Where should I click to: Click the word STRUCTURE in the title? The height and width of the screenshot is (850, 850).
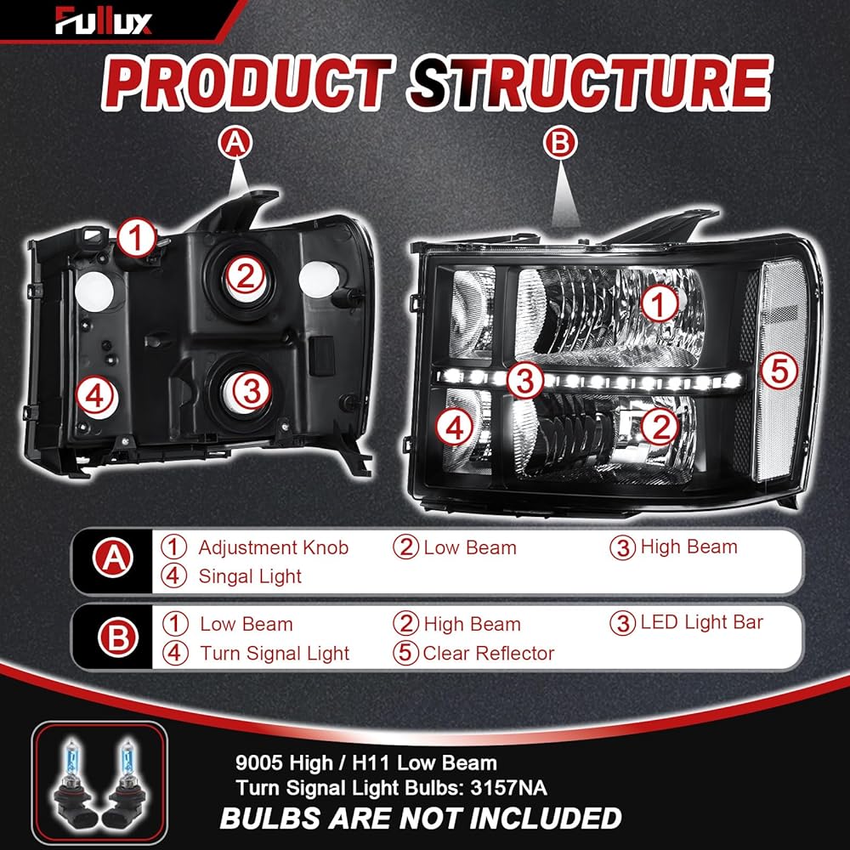click(586, 85)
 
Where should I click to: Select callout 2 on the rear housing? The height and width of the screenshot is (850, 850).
click(245, 275)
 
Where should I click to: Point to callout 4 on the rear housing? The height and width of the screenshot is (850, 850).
click(94, 396)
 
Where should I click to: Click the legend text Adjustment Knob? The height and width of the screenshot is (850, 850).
click(273, 547)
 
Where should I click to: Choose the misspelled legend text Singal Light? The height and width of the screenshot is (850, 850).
click(250, 576)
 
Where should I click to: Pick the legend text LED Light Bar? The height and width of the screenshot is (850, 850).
click(701, 622)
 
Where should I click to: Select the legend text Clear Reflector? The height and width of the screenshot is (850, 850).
click(488, 653)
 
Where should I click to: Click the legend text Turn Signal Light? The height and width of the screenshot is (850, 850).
click(275, 653)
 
